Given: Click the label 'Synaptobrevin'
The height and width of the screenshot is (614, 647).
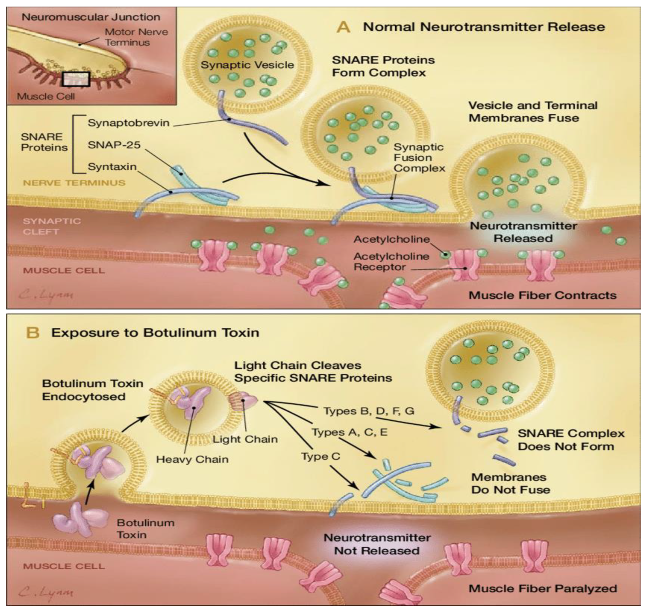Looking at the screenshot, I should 128,123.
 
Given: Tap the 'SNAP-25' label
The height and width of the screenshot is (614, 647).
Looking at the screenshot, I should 114,144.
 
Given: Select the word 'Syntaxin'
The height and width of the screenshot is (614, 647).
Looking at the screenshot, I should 112,167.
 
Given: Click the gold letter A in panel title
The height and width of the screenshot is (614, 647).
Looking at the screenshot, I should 343,27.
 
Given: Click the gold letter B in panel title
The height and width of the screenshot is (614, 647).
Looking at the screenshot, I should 33,333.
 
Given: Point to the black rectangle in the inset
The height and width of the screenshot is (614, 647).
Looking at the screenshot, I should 76,79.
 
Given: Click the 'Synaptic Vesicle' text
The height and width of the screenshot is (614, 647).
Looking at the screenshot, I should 247,65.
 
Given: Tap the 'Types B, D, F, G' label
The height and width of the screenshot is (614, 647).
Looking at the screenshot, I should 369,411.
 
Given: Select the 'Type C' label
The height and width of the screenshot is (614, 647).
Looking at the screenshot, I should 320,456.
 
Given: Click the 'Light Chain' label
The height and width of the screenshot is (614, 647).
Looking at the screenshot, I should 245,439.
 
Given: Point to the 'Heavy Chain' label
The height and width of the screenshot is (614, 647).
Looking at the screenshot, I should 192,459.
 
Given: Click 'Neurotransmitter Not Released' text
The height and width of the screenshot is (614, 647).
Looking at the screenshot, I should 377,544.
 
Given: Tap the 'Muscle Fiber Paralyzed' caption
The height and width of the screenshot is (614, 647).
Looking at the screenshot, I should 543,589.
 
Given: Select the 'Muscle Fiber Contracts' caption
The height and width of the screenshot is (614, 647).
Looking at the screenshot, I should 542,295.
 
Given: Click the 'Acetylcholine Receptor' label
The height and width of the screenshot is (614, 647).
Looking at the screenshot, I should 391,262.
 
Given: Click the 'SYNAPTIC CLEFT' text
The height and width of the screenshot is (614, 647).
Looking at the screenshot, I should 51,226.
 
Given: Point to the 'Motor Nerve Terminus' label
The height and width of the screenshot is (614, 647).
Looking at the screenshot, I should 136,37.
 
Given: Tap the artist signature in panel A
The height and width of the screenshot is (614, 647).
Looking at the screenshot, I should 46,295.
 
